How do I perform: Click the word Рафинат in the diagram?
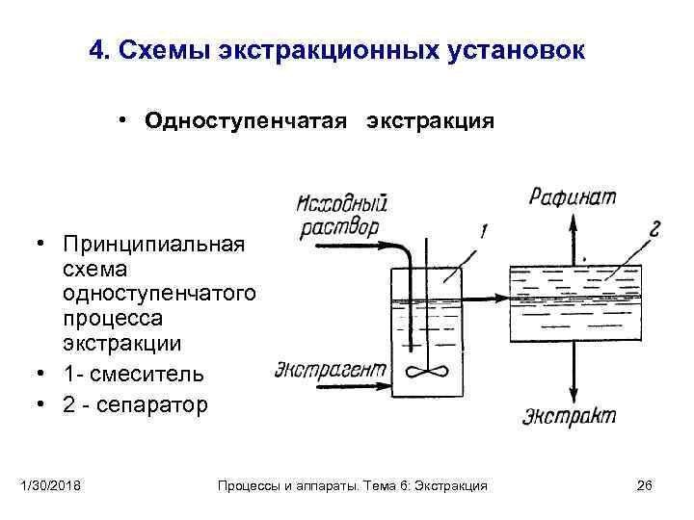click(x=572, y=197)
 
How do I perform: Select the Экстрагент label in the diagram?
click(x=331, y=369)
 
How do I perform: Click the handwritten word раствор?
click(x=339, y=228)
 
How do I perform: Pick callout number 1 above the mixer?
click(x=482, y=230)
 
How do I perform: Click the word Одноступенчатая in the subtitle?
click(x=246, y=121)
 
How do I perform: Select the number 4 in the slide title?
click(x=94, y=50)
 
